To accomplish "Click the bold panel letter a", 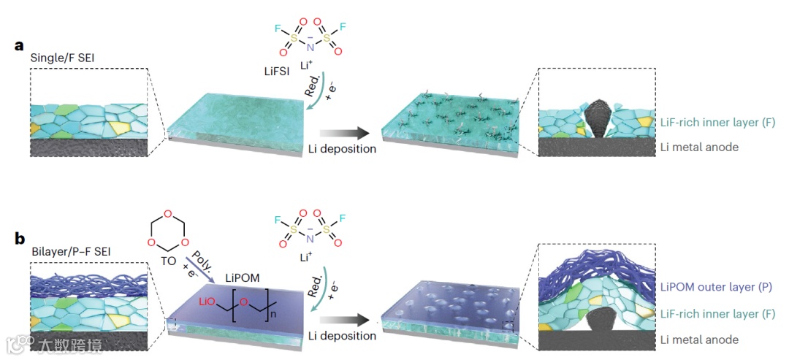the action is click(20, 45).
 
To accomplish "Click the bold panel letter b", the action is click(20, 237).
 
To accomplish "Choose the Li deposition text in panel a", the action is click(341, 149).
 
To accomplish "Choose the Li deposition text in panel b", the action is click(341, 336).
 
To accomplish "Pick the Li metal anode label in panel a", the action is click(699, 147).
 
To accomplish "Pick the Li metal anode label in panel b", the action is click(699, 340).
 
